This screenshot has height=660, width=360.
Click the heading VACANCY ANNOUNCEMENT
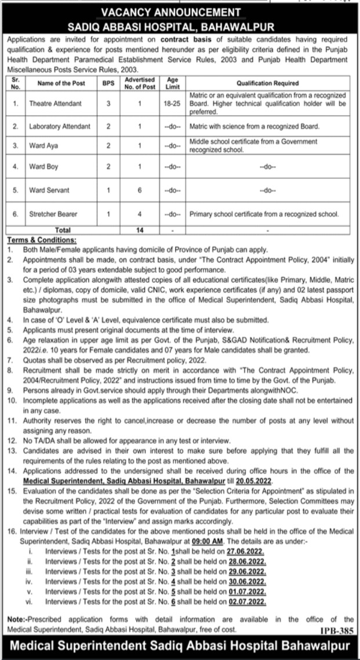coord(179,13)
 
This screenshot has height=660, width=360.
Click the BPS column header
coord(108,83)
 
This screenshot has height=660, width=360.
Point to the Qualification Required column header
coord(267,83)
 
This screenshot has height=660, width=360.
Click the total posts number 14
coord(139,230)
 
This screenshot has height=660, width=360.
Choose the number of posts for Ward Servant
coord(139,189)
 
